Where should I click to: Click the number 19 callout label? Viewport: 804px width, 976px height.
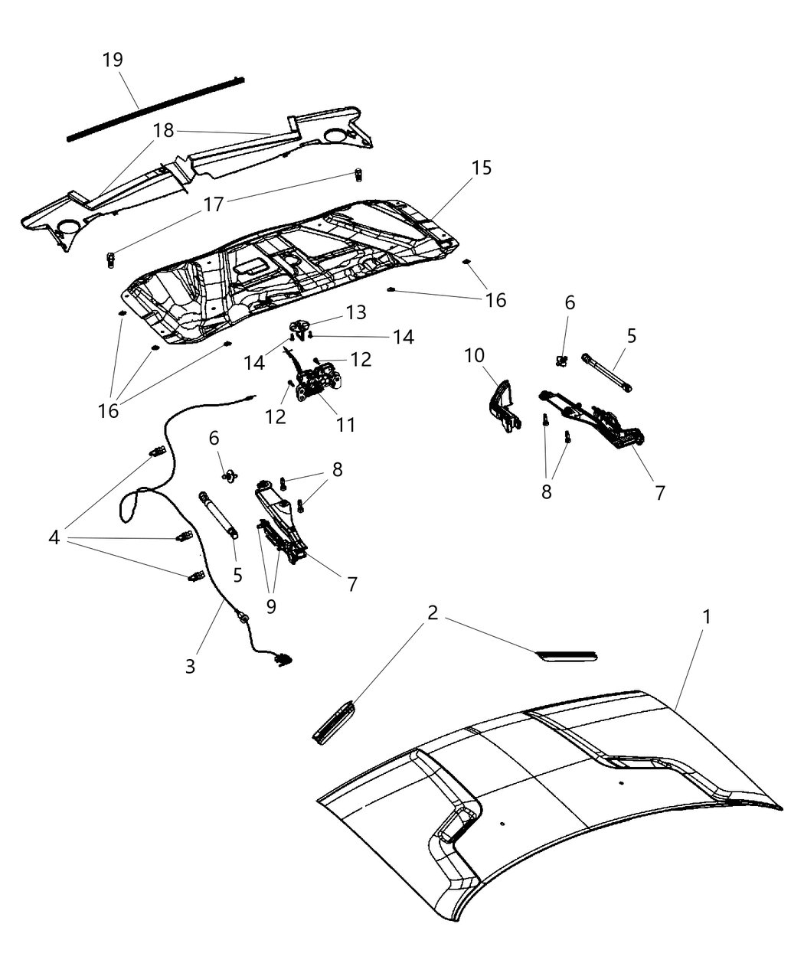pyautogui.click(x=113, y=60)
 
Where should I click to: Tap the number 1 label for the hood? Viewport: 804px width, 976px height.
pyautogui.click(x=707, y=616)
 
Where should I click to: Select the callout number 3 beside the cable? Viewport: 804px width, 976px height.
pyautogui.click(x=190, y=665)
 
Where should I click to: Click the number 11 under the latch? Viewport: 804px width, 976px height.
pyautogui.click(x=346, y=423)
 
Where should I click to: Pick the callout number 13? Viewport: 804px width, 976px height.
pyautogui.click(x=355, y=312)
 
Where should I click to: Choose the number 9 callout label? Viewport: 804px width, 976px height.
pyautogui.click(x=270, y=606)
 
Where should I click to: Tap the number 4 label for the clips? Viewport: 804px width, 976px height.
pyautogui.click(x=54, y=538)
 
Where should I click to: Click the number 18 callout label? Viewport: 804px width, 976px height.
pyautogui.click(x=163, y=130)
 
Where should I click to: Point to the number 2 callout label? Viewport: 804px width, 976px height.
pyautogui.click(x=433, y=613)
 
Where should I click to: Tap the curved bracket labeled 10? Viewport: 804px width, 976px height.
pyautogui.click(x=502, y=405)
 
